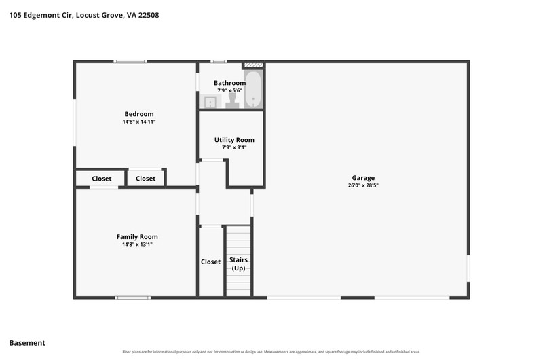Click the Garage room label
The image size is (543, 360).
pyautogui.click(x=363, y=178)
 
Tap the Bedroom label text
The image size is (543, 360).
pyautogui.click(x=139, y=114)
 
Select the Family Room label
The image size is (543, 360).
pyautogui.click(x=137, y=237)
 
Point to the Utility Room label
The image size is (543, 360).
pyautogui.click(x=234, y=140)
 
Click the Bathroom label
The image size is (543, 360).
pyautogui.click(x=229, y=83)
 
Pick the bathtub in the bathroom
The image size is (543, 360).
pyautogui.click(x=253, y=89)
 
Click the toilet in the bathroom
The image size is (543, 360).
pyautogui.click(x=232, y=101)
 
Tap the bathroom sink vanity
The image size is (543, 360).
pyautogui.click(x=210, y=102)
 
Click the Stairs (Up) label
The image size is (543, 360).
pyautogui.click(x=239, y=264)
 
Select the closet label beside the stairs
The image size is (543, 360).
pyautogui.click(x=210, y=262)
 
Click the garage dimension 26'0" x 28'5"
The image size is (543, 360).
pyautogui.click(x=363, y=185)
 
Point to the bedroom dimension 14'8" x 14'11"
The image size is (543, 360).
pyautogui.click(x=139, y=122)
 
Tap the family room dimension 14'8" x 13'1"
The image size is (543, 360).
pyautogui.click(x=137, y=245)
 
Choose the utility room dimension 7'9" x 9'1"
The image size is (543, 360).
pyautogui.click(x=234, y=147)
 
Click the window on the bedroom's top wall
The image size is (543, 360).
pyautogui.click(x=130, y=62)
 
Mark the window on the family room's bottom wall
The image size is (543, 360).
pyautogui.click(x=133, y=298)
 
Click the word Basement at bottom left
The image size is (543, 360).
pyautogui.click(x=27, y=343)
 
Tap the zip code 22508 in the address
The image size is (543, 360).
pyautogui.click(x=149, y=15)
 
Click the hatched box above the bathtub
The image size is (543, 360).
pyautogui.click(x=254, y=65)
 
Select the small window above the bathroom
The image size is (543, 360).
pyautogui.click(x=219, y=62)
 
